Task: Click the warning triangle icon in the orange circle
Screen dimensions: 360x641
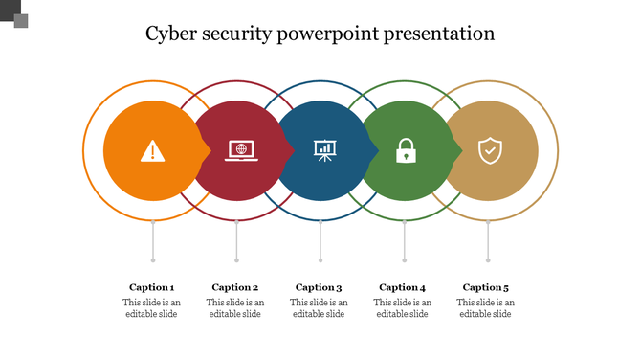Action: (152, 150)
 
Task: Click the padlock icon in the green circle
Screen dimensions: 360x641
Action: (406, 150)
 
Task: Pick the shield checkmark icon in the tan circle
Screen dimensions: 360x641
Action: (489, 150)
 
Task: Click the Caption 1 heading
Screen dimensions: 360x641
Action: (152, 287)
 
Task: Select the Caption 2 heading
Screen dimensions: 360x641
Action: (235, 287)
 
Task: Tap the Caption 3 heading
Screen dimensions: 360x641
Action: (319, 287)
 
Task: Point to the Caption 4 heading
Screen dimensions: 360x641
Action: (402, 287)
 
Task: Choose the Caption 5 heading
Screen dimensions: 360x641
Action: (486, 287)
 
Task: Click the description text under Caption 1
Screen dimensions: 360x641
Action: (152, 308)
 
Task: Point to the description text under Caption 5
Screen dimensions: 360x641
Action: (486, 308)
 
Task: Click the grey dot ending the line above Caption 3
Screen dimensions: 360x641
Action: (320, 259)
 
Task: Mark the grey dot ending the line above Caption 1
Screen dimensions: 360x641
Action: (153, 259)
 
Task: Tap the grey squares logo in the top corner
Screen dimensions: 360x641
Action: (16, 16)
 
